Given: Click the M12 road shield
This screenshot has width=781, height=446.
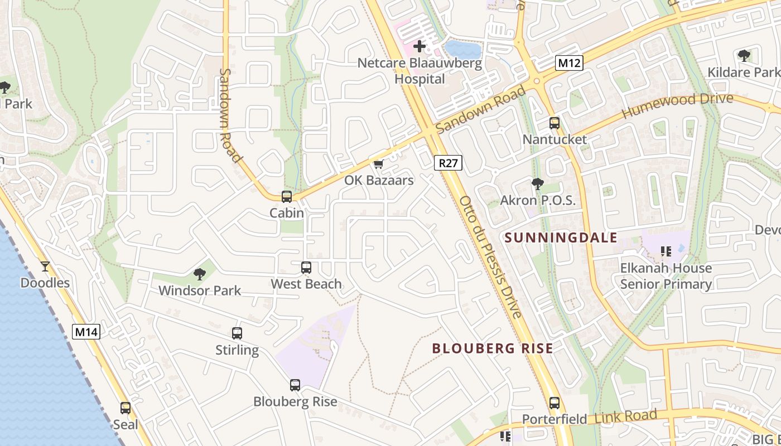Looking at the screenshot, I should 569,63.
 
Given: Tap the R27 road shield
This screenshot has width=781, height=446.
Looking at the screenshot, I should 449,163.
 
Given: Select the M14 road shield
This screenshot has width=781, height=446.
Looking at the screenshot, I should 86,332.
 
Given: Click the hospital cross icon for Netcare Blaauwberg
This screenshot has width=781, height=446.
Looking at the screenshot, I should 420,46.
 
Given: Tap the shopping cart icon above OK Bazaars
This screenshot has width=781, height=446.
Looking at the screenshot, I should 379,164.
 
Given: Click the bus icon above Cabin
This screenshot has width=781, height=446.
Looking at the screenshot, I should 287,196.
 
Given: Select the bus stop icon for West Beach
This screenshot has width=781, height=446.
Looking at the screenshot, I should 306,268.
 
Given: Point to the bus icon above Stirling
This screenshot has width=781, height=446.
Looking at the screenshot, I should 237,333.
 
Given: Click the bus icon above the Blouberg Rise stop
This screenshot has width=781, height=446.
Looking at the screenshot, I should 295,385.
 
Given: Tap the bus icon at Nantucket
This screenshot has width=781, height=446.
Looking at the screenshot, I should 555,123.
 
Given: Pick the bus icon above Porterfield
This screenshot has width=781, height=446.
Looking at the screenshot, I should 555,403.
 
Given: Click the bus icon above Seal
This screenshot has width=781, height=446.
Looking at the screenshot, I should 126,408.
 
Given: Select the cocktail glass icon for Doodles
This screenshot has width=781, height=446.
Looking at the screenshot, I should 45,266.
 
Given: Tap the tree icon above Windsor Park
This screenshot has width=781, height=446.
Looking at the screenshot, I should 199,274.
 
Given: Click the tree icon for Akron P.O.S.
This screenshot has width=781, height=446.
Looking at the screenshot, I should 538,183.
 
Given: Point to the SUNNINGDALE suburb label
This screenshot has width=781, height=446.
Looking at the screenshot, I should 561,238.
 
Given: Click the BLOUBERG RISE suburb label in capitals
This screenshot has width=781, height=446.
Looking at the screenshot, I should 493,349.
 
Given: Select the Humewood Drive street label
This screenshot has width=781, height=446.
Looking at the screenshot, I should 677,105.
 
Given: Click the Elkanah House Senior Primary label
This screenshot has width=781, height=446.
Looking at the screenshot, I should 666,276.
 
